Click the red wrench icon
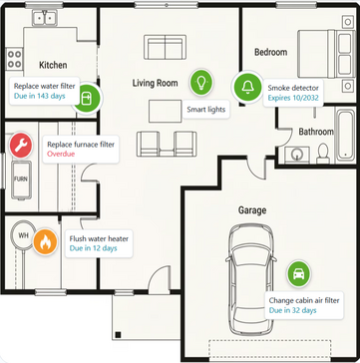(x=21, y=146)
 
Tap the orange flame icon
(x=45, y=242)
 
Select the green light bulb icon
(x=200, y=82)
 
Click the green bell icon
(x=247, y=87)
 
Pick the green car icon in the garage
(x=299, y=273)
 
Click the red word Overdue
(x=61, y=154)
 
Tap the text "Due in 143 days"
(x=40, y=96)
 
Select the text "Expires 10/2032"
(x=293, y=98)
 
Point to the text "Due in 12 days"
(x=94, y=248)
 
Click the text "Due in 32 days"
(x=293, y=310)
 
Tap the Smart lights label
(x=206, y=110)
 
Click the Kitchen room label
(x=53, y=65)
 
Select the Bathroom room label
(x=316, y=132)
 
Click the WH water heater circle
(x=23, y=235)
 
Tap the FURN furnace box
(x=21, y=180)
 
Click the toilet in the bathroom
(x=323, y=154)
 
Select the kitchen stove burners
(x=14, y=59)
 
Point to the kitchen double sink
(x=45, y=18)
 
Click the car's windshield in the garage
(x=251, y=255)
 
